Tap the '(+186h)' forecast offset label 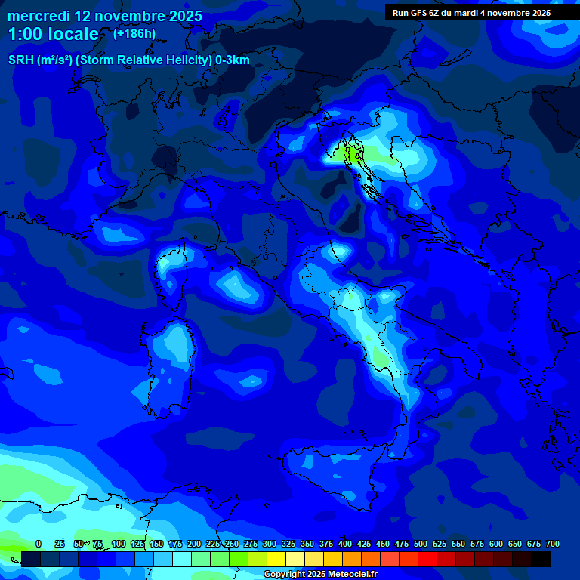tap(134, 34)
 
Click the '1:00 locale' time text tap(53, 35)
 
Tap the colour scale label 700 tap(552, 544)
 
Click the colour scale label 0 tap(39, 544)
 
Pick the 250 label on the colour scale tap(231, 544)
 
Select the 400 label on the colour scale tap(344, 544)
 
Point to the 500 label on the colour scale tap(420, 544)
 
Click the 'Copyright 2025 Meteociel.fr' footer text tap(320, 575)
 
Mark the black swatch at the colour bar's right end tap(541, 559)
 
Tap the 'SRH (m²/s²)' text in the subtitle tap(39, 60)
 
